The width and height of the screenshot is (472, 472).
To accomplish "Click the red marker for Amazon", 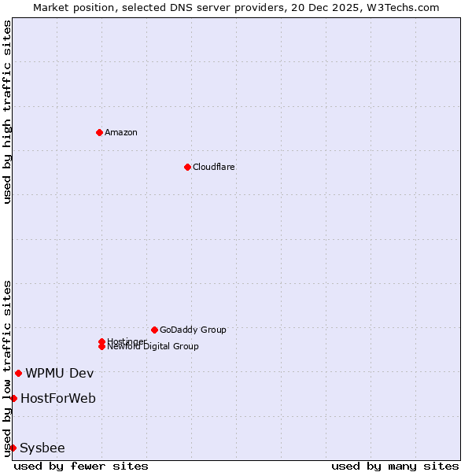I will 99,132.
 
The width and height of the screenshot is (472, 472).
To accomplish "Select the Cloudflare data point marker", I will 187,167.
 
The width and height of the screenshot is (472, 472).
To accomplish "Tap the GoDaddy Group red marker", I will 154,330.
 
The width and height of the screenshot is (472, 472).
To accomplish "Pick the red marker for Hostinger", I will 101,341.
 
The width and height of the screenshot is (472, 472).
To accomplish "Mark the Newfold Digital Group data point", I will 101,346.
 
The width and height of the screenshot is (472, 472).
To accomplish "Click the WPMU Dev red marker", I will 18,373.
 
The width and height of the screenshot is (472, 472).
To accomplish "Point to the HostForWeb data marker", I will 13,398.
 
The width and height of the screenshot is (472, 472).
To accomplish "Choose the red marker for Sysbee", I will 13,448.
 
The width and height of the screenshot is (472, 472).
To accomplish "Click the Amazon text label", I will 121,132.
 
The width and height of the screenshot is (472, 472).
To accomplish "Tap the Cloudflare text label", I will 214,167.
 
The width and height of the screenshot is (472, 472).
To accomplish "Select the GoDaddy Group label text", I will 193,330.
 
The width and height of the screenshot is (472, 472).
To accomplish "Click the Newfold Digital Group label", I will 153,347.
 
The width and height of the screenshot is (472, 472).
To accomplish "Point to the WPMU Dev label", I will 60,373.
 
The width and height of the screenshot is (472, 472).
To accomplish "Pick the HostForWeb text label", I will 58,398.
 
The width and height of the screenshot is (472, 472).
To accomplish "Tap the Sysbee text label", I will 42,448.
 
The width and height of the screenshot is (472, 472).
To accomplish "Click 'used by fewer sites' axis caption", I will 81,466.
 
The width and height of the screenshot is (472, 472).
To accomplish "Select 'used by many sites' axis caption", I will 395,466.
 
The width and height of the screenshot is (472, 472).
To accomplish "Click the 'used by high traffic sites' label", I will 7,112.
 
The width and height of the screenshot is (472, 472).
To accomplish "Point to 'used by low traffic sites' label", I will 7,367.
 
